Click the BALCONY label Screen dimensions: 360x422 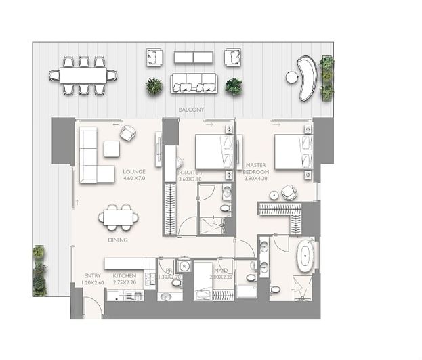pos(191,109)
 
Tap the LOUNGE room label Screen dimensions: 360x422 pos(134,172)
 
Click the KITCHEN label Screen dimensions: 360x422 pos(125,276)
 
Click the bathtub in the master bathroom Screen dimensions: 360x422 pos(307,257)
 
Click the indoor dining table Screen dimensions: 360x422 pos(119,218)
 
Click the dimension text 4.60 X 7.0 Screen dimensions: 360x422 pos(134,179)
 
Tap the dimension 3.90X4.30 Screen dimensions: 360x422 pos(256,179)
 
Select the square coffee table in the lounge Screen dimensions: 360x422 pos(111,148)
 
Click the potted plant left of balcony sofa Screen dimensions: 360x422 pos(154,86)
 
